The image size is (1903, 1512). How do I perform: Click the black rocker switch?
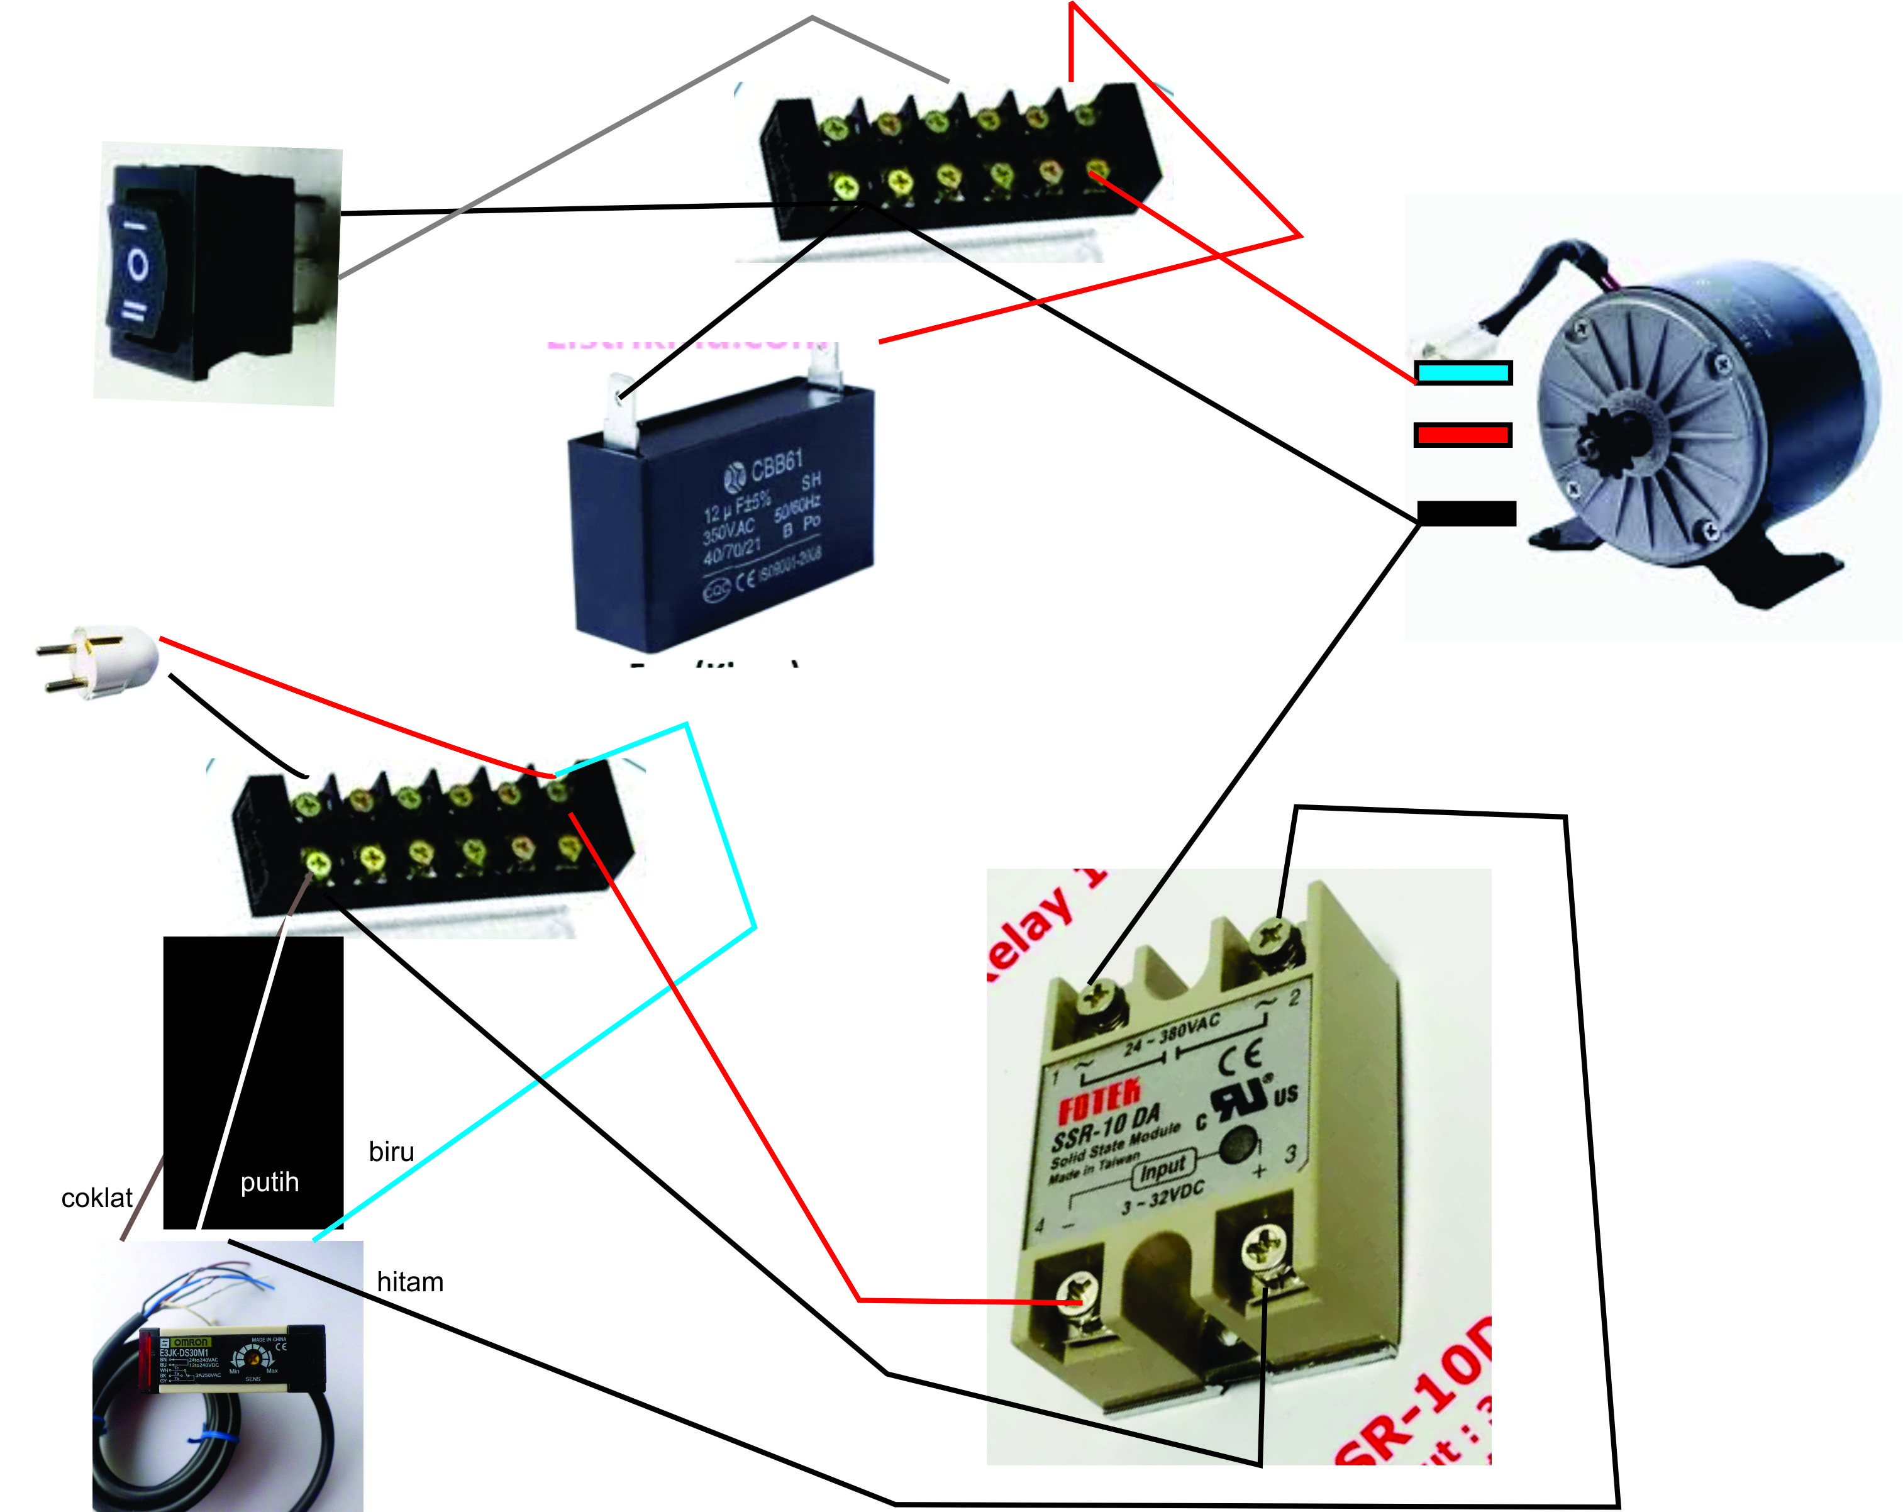pos(203,274)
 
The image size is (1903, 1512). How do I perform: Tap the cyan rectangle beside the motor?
pos(1463,372)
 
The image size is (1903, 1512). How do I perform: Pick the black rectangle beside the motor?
pos(1466,513)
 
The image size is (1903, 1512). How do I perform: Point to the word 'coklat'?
pos(96,1198)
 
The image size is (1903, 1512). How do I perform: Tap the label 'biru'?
pos(391,1152)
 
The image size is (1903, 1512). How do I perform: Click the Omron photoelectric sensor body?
pos(231,1359)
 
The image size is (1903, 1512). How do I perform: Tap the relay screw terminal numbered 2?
pos(1272,933)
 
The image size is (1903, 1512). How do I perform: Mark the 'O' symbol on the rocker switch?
pos(138,264)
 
